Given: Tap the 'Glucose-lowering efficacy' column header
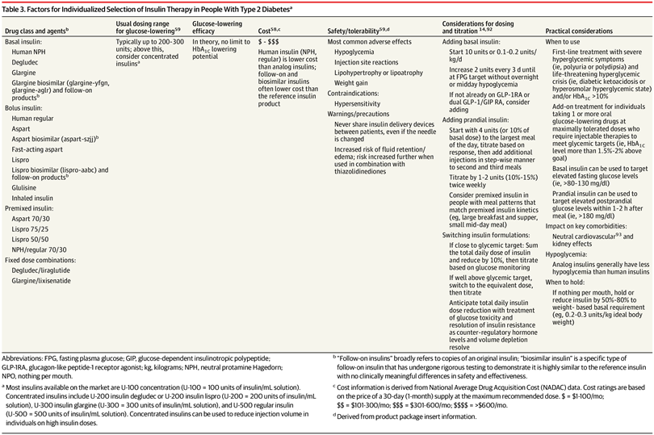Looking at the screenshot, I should pyautogui.click(x=211, y=25).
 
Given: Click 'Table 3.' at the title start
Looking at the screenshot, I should pyautogui.click(x=17, y=9).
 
